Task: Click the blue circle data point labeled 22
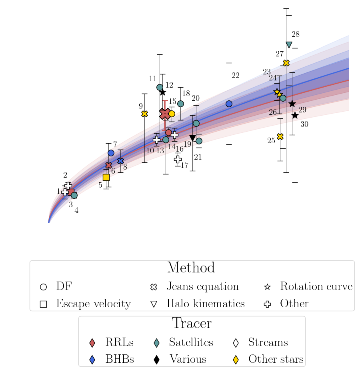click(229, 104)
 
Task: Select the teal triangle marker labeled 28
click(289, 44)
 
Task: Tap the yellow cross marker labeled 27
click(286, 63)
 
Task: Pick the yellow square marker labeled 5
click(106, 177)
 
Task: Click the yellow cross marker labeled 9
click(144, 114)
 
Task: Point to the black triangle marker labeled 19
click(192, 138)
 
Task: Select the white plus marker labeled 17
click(178, 159)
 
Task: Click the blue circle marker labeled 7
click(111, 153)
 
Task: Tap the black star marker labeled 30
click(295, 115)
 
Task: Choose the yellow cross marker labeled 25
click(280, 136)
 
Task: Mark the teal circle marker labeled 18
click(180, 104)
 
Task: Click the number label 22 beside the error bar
click(236, 76)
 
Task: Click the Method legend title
click(191, 268)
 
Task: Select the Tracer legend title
click(191, 323)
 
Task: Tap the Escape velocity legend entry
click(93, 304)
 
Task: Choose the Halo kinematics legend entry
click(205, 304)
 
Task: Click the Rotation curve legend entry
click(316, 286)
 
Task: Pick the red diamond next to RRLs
click(92, 343)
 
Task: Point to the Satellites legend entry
click(190, 342)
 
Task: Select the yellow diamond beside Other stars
click(236, 360)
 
